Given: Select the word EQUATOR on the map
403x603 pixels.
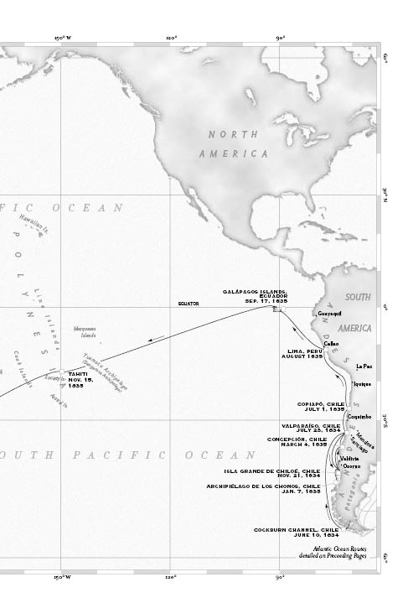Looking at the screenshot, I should pyautogui.click(x=188, y=303).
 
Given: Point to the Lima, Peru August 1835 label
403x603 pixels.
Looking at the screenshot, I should pyautogui.click(x=303, y=353).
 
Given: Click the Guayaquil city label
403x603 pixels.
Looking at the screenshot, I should pyautogui.click(x=331, y=313).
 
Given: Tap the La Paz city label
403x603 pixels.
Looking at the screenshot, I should pyautogui.click(x=364, y=366).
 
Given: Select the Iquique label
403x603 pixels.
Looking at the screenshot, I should pyautogui.click(x=361, y=383).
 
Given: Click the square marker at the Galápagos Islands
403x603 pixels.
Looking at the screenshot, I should pyautogui.click(x=276, y=309).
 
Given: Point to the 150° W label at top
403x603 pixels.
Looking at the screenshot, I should pyautogui.click(x=62, y=38).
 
